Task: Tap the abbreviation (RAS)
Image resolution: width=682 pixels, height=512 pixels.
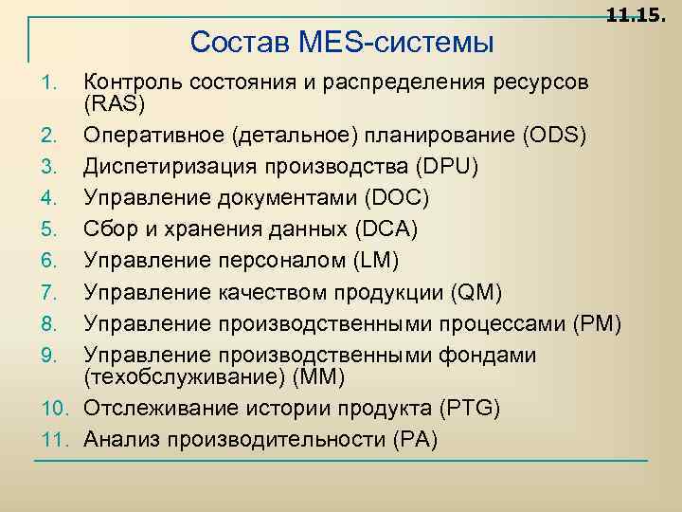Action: [x=112, y=102]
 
